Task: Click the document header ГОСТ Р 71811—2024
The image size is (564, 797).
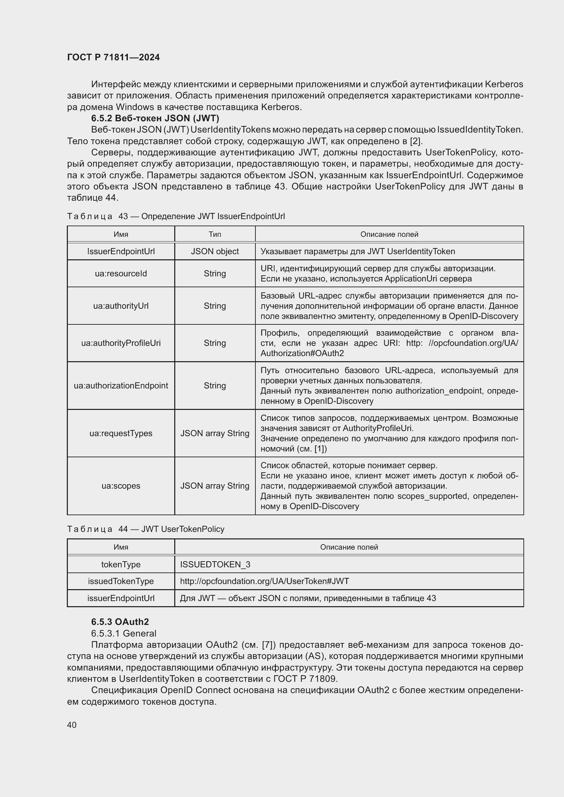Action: pos(113,57)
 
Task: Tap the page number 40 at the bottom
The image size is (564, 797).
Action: pos(72,725)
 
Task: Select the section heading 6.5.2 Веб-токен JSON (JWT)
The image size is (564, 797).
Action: pos(155,118)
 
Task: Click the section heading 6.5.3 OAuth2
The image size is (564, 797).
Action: pos(120,622)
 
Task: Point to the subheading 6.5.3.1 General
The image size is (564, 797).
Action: pos(124,633)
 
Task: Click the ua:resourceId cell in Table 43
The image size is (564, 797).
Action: pos(121,274)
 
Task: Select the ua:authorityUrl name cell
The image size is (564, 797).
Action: pos(121,306)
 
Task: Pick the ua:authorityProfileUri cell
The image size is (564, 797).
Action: pos(121,343)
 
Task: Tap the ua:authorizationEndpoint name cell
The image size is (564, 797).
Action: pos(121,386)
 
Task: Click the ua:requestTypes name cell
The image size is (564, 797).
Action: pos(121,433)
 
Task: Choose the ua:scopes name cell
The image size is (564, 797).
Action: pos(121,486)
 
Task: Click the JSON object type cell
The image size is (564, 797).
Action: pos(214,251)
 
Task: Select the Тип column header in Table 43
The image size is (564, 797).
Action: pos(214,234)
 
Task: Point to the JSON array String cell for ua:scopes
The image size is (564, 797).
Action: pos(214,486)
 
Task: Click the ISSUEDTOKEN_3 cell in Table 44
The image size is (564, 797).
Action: pos(215,564)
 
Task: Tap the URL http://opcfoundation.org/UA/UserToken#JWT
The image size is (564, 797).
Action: pos(264,581)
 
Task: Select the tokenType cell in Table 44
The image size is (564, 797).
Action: pos(121,564)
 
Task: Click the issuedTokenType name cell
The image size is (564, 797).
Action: pos(121,581)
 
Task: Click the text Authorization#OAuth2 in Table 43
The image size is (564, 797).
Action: pos(302,353)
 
